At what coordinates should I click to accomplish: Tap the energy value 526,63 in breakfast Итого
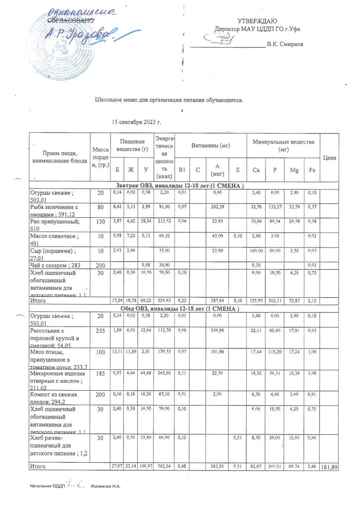[165, 301]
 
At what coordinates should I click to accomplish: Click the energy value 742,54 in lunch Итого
[165, 467]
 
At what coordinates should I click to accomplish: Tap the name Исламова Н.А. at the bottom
[106, 486]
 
